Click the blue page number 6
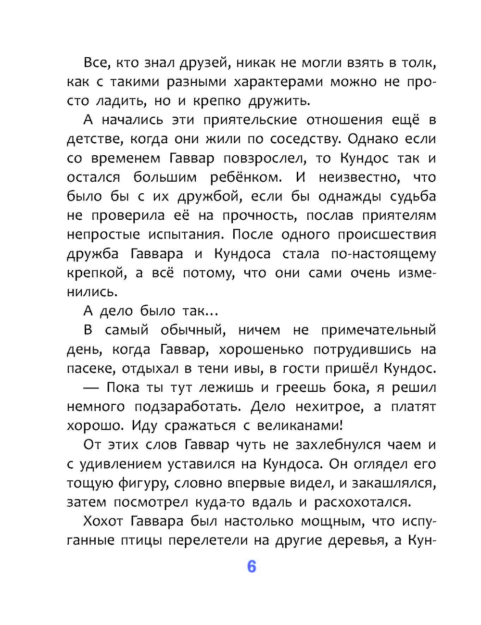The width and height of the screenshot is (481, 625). pos(251,567)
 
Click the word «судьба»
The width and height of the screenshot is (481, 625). pos(412,196)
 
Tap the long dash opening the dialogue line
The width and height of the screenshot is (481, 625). pos(91,387)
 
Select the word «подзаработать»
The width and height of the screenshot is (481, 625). pos(187,407)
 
